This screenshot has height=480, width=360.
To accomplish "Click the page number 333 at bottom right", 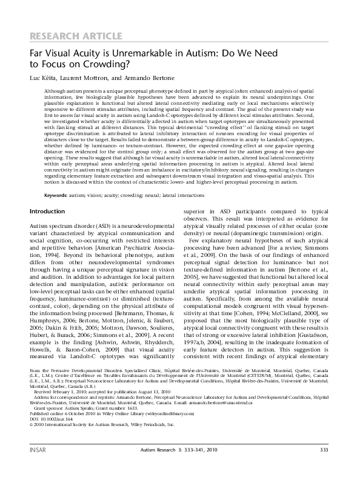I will pyautogui.click(x=324, y=467).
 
